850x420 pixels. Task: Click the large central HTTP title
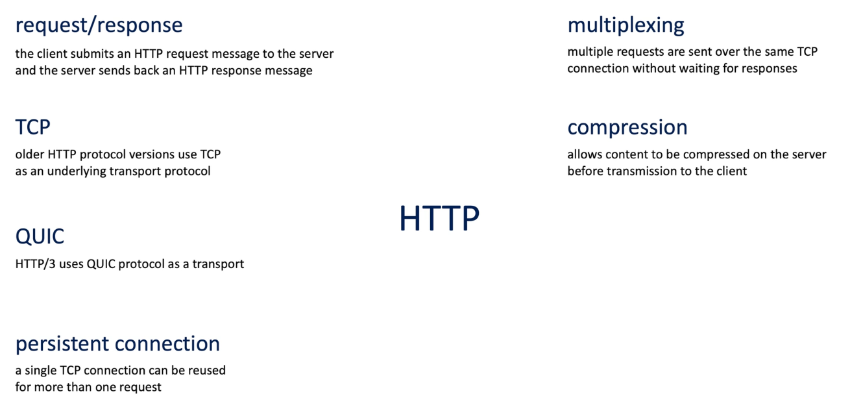(439, 217)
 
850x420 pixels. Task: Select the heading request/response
(99, 25)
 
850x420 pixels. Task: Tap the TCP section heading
(32, 127)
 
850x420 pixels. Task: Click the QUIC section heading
(40, 236)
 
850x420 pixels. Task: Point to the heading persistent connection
(117, 344)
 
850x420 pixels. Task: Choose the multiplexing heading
(625, 26)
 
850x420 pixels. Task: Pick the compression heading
(627, 128)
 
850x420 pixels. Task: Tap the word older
(30, 154)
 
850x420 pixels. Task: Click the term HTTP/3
(35, 264)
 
